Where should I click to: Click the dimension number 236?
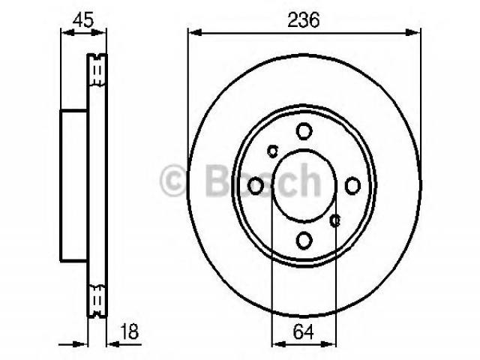303,20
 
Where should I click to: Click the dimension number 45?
83,20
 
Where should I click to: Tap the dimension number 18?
130,331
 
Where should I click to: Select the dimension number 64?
303,331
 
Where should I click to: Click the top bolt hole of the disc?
304,130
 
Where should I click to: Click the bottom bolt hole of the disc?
304,240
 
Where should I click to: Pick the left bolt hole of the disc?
255,185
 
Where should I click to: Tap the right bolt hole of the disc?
352,185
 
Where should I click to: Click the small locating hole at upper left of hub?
272,151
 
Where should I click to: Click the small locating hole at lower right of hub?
335,220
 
